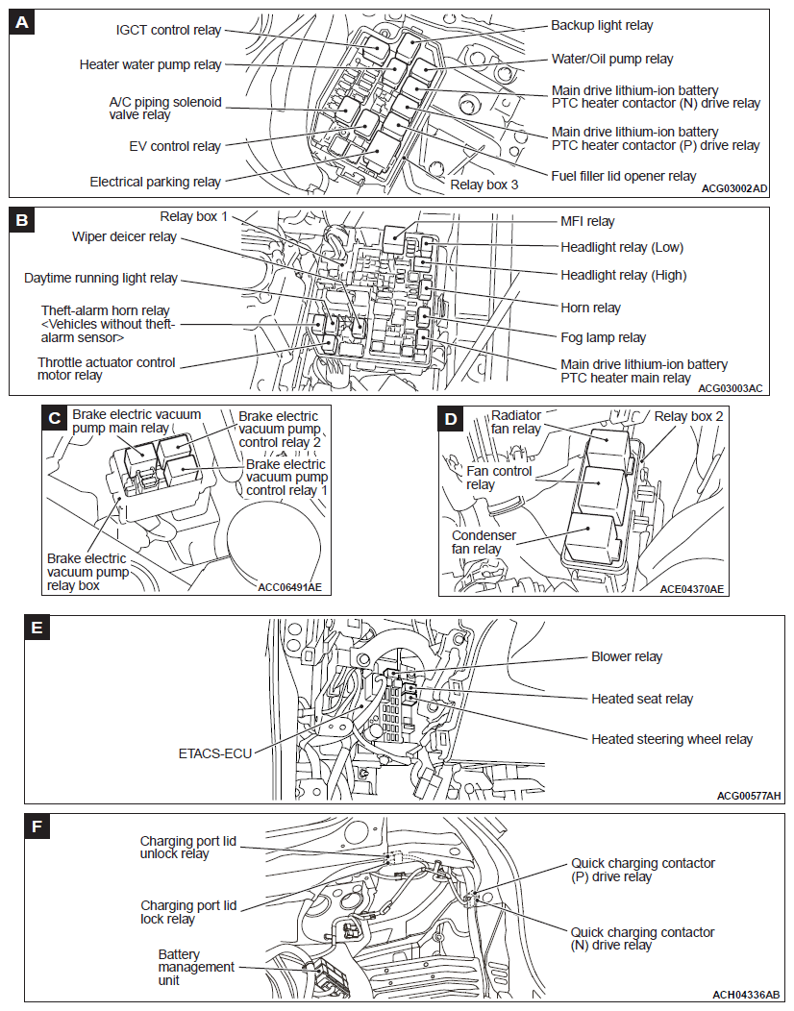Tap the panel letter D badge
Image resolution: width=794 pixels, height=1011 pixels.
click(x=449, y=418)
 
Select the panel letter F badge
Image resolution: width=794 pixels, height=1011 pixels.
click(x=37, y=826)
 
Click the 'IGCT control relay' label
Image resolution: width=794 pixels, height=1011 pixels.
click(x=168, y=30)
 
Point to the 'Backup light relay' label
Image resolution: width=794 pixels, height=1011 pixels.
click(x=602, y=25)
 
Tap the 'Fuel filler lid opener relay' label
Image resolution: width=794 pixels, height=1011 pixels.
click(x=624, y=176)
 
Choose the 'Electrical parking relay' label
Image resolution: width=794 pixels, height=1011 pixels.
click(x=155, y=182)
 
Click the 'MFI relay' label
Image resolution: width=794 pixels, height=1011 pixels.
click(x=587, y=221)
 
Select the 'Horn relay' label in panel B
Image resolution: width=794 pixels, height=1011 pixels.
click(x=590, y=308)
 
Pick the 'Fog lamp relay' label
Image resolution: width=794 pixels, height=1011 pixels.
click(x=604, y=337)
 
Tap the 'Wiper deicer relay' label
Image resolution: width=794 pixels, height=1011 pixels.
click(x=124, y=236)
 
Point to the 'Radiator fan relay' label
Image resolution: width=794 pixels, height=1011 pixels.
click(x=517, y=422)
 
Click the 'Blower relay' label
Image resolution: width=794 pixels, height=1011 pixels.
click(x=627, y=656)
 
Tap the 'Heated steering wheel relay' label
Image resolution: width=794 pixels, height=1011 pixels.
click(x=672, y=739)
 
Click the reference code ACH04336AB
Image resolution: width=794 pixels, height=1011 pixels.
click(x=746, y=994)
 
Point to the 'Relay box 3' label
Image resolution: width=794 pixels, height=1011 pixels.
click(x=484, y=184)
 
